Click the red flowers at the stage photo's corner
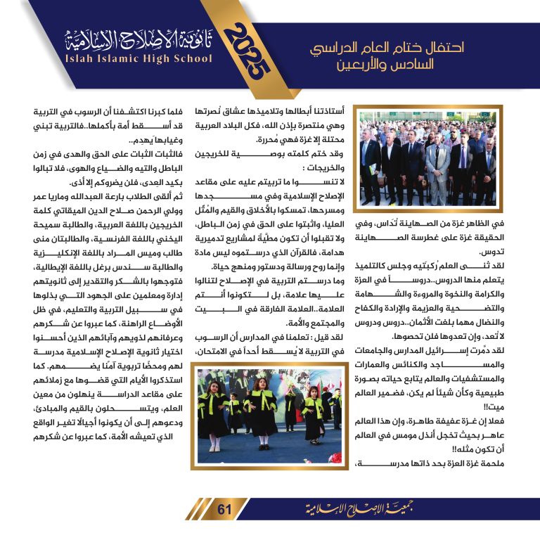click(207, 376)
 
